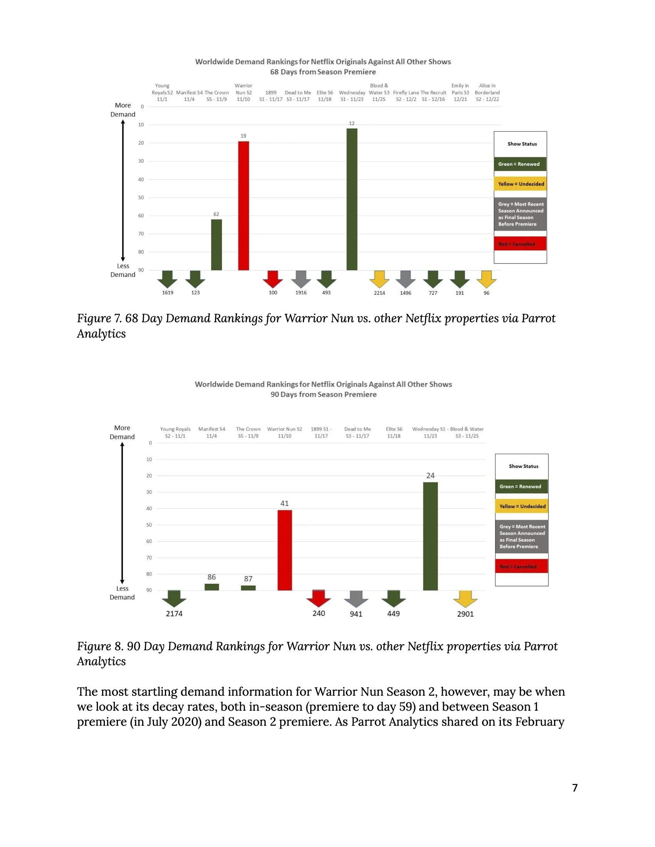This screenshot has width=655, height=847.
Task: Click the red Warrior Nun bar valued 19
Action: pyautogui.click(x=243, y=206)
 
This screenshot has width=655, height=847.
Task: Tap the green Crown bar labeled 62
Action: pyautogui.click(x=217, y=245)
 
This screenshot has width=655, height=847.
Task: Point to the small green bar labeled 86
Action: pyautogui.click(x=212, y=587)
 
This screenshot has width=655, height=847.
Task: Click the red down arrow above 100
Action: pyautogui.click(x=273, y=279)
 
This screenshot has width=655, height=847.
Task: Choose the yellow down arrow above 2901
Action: pyautogui.click(x=465, y=599)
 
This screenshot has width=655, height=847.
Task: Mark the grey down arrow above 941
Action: pyautogui.click(x=356, y=599)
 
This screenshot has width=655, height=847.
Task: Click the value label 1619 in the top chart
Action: pyautogui.click(x=168, y=293)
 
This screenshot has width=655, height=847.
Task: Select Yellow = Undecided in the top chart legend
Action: pyautogui.click(x=521, y=184)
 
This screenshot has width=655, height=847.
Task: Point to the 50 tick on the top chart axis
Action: pyautogui.click(x=141, y=198)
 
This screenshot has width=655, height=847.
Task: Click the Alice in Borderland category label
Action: pyautogui.click(x=487, y=92)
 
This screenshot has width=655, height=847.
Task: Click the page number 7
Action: pyautogui.click(x=575, y=788)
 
